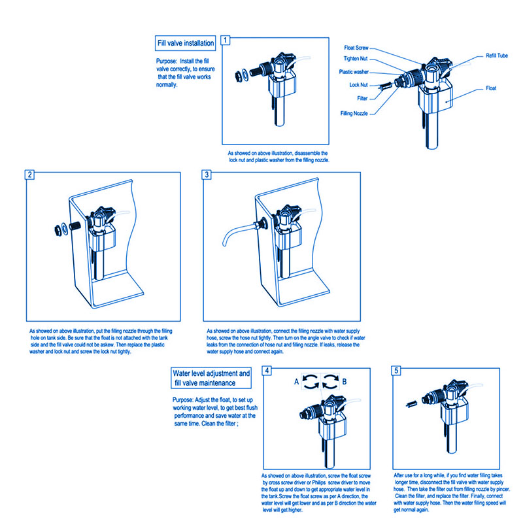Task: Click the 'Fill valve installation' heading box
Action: point(186,44)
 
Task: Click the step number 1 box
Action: point(226,40)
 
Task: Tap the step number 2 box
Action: point(29,175)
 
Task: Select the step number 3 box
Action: point(207,175)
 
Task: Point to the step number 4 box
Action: point(267,371)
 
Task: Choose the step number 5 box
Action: point(396,371)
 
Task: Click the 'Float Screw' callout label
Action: point(356,48)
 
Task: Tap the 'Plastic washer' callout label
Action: point(354,72)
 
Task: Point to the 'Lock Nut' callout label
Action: point(359,85)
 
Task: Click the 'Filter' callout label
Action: point(362,99)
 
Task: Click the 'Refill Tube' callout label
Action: point(496,56)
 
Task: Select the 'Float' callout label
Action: point(491,87)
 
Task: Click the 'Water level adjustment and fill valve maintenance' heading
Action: point(211,378)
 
